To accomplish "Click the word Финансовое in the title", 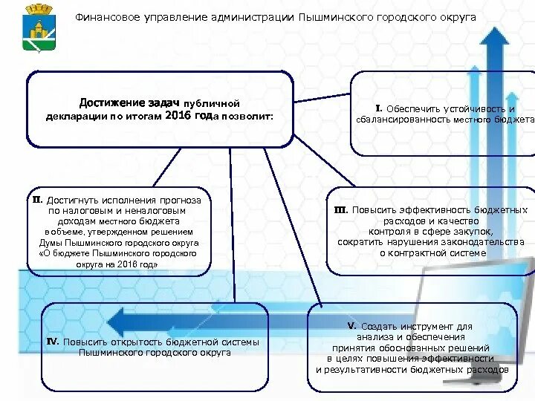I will click(x=105, y=16).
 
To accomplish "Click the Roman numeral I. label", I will click(x=378, y=108).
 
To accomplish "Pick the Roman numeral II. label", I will click(x=37, y=200).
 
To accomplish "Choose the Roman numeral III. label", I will click(x=341, y=210).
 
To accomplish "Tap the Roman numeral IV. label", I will click(x=52, y=342).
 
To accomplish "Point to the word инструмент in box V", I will click(x=422, y=326).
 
